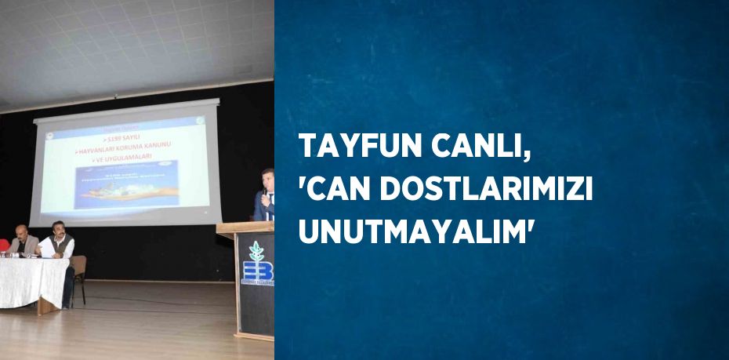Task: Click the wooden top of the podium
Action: coord(245,228)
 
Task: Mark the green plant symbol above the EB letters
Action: coord(255,251)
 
